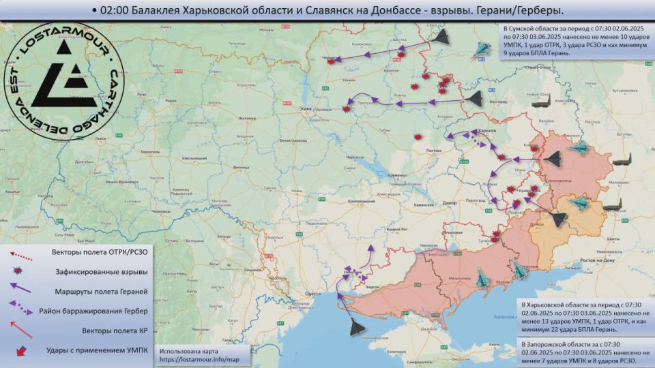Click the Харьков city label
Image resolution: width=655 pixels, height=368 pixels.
pyautogui.click(x=486, y=130)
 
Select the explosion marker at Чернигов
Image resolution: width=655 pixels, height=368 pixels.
pyautogui.click(x=331, y=61)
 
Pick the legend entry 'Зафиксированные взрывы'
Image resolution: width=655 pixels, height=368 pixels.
pyautogui.click(x=100, y=272)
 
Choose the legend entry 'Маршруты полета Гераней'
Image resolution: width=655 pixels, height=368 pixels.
pyautogui.click(x=100, y=292)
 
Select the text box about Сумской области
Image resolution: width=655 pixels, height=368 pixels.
pyautogui.click(x=574, y=40)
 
